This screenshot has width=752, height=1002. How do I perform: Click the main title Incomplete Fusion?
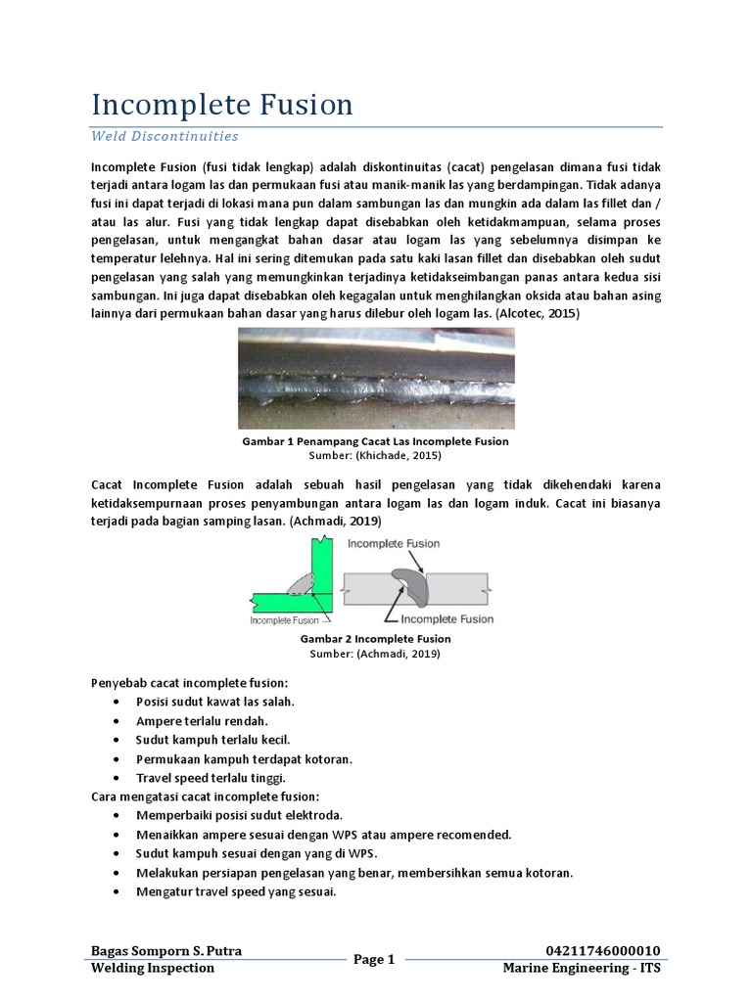tap(221, 105)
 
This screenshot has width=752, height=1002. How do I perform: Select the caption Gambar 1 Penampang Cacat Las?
tap(375, 442)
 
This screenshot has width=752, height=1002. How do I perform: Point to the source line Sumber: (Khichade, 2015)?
tap(375, 456)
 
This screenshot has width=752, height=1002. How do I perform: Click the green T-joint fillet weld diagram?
tap(295, 583)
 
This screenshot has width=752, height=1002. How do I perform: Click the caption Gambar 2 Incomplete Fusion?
tap(375, 639)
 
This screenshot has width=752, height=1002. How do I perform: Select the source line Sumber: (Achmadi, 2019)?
tap(375, 653)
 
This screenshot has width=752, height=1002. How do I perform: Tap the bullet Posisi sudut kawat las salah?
tap(215, 702)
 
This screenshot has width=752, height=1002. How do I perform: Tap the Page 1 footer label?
tap(373, 960)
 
